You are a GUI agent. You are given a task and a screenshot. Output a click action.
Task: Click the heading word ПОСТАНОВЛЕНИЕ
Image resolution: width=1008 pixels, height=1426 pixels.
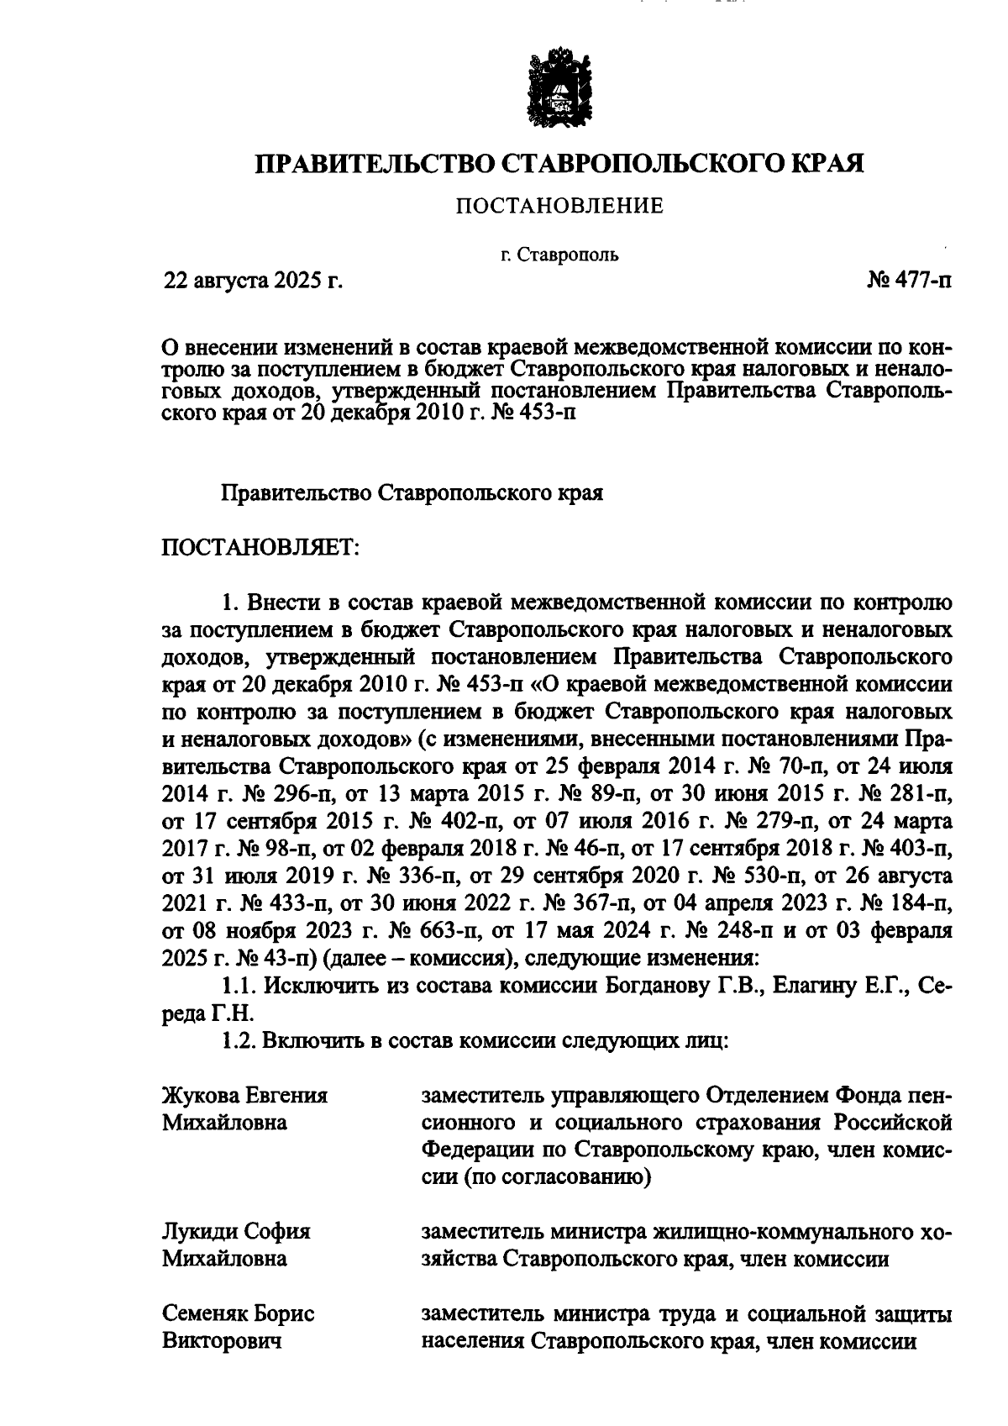(x=559, y=206)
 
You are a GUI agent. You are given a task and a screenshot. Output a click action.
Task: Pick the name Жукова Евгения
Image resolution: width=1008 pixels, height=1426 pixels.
(x=244, y=1096)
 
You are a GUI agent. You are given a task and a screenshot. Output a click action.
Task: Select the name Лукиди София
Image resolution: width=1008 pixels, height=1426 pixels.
(x=236, y=1231)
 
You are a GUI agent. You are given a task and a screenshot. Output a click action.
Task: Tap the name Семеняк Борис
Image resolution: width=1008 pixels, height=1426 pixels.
(x=239, y=1313)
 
